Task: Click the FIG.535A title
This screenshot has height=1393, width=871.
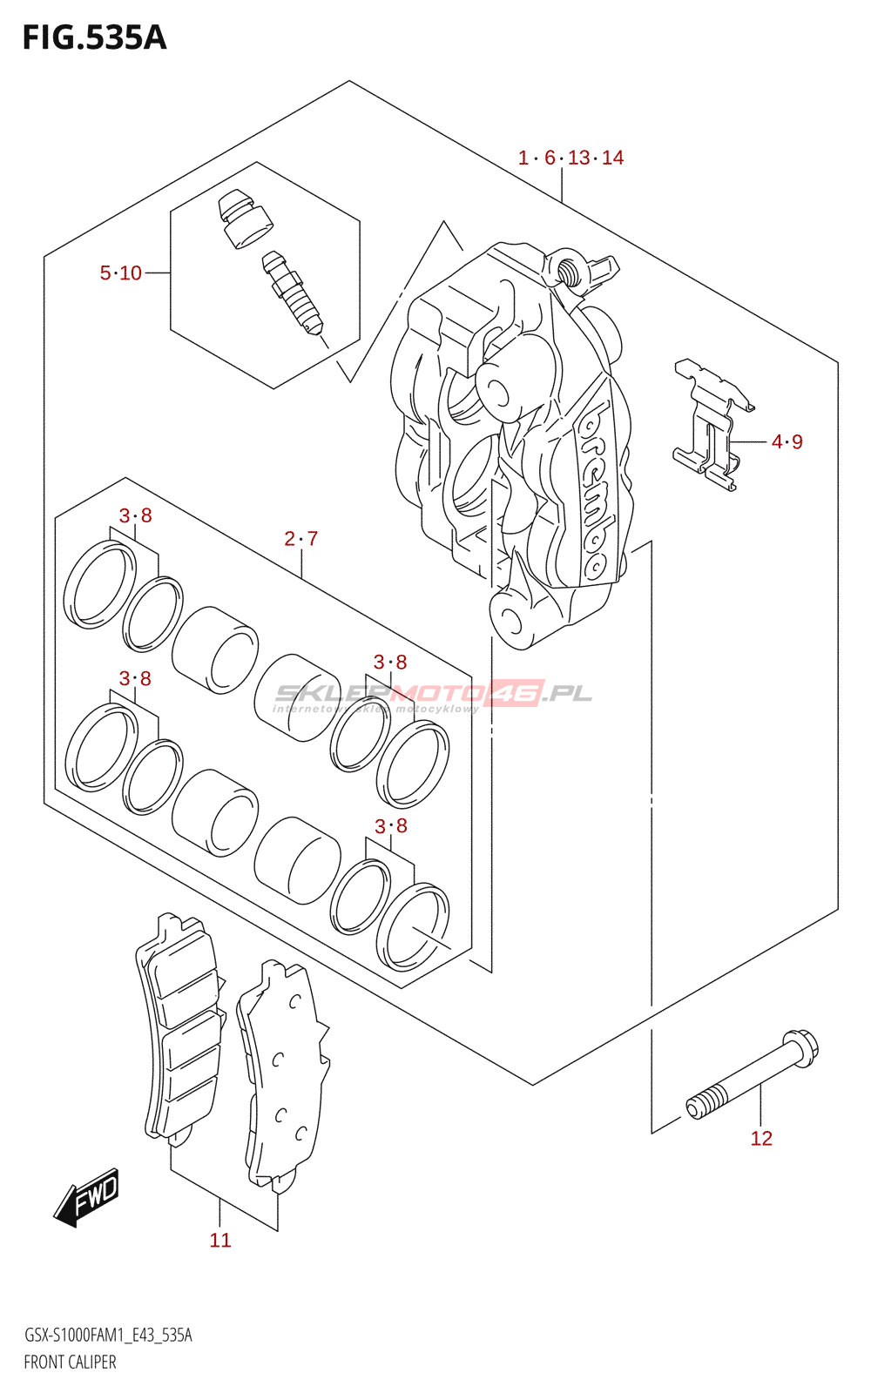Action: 94,38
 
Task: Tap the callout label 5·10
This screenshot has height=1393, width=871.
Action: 120,273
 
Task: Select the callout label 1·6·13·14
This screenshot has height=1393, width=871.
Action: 571,158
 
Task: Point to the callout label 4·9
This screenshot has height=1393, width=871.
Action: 787,442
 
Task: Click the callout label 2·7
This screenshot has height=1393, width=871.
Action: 300,539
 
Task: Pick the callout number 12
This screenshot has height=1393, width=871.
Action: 761,1139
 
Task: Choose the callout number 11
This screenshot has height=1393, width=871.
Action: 220,1241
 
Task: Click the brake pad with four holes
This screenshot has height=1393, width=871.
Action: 286,1075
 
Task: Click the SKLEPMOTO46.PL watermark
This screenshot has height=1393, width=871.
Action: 433,695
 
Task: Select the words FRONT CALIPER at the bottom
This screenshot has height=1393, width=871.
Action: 70,1363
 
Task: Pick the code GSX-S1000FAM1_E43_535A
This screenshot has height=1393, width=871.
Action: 108,1336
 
